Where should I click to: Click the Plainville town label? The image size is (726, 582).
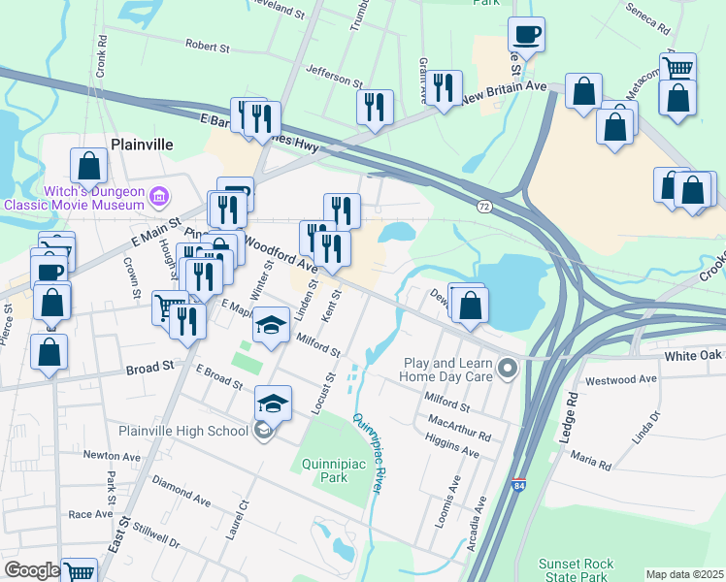click(x=142, y=144)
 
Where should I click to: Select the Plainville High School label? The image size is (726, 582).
click(x=183, y=431)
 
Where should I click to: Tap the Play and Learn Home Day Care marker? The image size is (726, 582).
click(x=507, y=369)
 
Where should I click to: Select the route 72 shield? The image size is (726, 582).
click(x=484, y=207)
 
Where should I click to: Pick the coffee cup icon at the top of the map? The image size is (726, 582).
click(x=526, y=35)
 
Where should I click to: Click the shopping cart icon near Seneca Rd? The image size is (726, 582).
click(x=677, y=69)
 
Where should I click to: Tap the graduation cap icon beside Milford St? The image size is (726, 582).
click(x=272, y=324)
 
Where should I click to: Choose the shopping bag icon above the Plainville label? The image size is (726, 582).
click(x=88, y=164)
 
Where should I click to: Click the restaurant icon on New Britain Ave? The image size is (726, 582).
click(x=445, y=88)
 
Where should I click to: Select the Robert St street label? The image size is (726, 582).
click(x=207, y=45)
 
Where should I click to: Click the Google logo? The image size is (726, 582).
click(x=31, y=570)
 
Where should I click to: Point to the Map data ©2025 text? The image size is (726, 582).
click(x=683, y=574)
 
